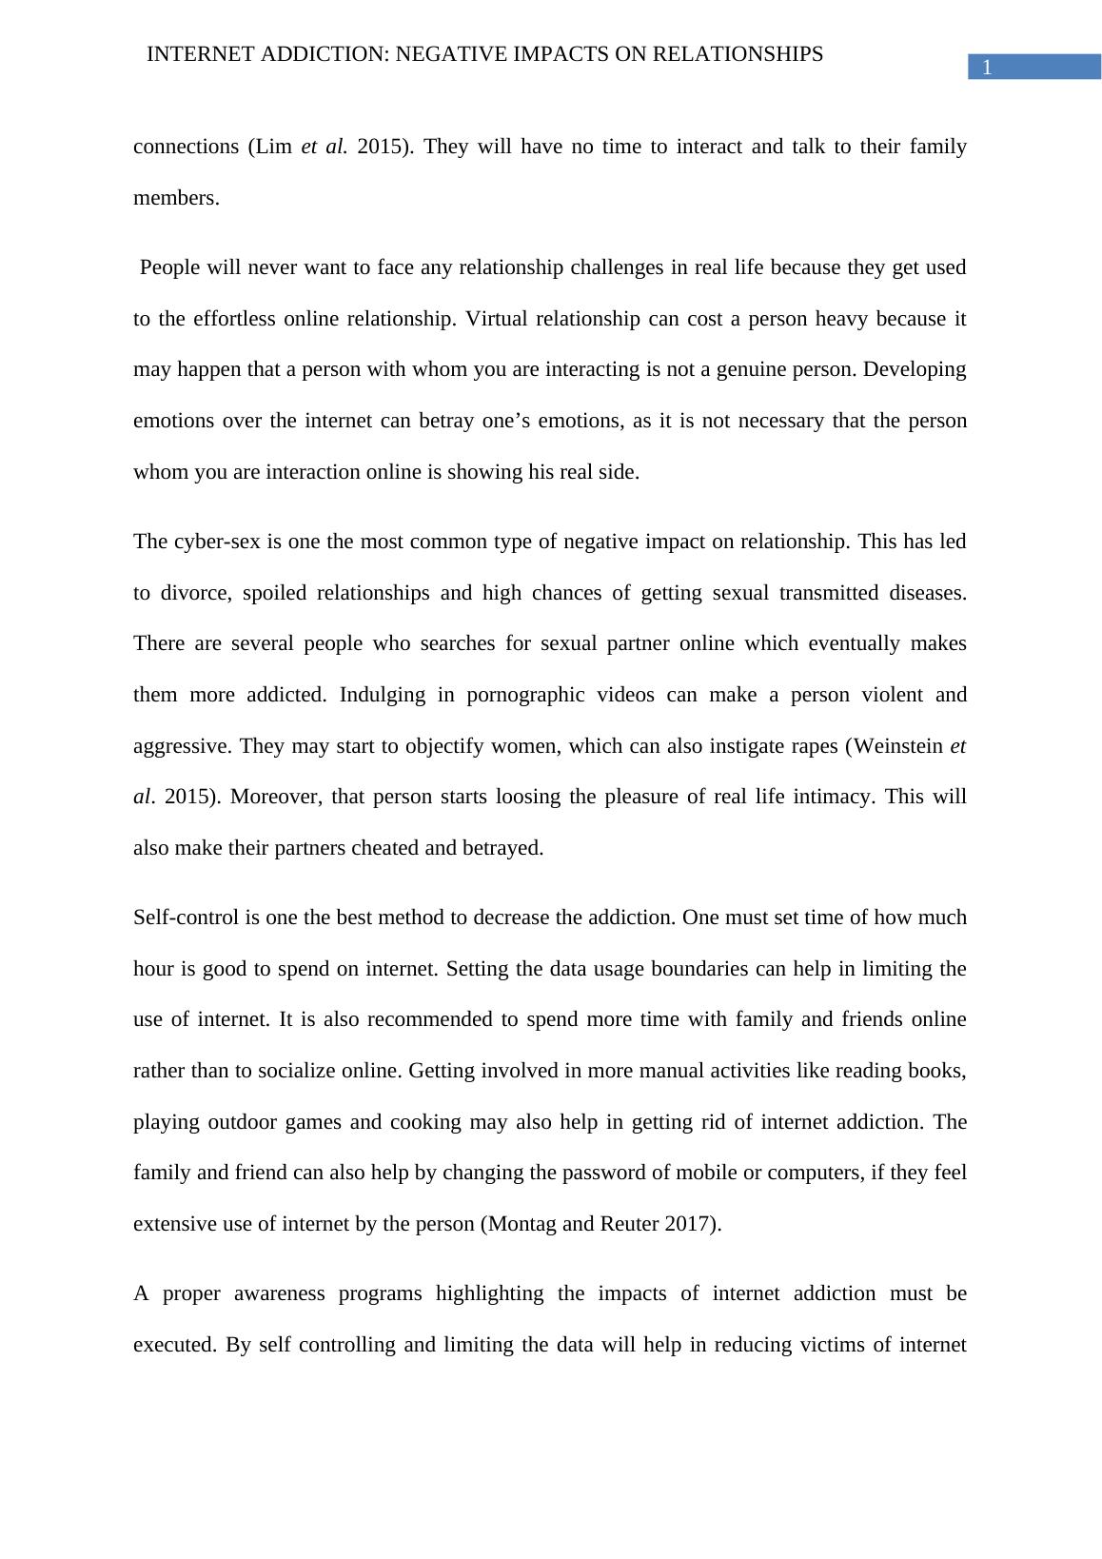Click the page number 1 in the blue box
(987, 68)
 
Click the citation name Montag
(521, 1224)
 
